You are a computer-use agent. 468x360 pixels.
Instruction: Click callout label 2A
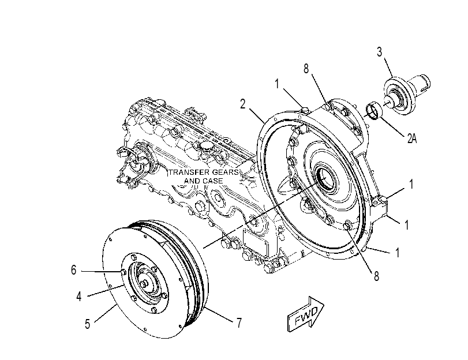click(412, 138)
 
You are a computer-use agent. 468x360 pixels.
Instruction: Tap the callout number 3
click(379, 52)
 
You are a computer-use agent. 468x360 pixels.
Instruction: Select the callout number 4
click(79, 297)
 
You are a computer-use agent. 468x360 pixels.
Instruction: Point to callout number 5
click(87, 324)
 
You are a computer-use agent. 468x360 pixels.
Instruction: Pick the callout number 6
click(74, 270)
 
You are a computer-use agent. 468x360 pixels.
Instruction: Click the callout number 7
click(239, 323)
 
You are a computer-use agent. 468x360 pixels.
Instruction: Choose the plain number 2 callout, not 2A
click(242, 104)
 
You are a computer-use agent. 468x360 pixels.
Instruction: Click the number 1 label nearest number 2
click(277, 84)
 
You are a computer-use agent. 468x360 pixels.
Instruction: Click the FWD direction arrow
click(306, 314)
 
